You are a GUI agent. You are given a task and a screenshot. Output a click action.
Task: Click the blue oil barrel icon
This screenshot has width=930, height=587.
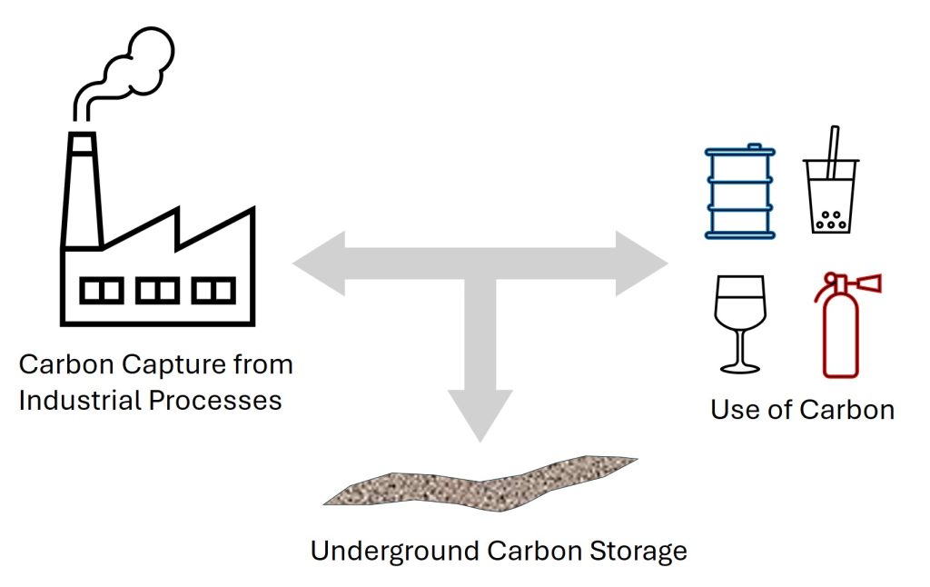[740, 192]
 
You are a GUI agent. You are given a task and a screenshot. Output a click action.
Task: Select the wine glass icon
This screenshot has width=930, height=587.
[740, 322]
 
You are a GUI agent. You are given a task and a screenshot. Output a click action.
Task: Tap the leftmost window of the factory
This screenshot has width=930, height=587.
[101, 291]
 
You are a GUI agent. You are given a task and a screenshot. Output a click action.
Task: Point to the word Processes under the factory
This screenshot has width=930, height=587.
[217, 400]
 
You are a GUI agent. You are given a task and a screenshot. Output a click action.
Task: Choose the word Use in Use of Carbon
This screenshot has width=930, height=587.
[732, 409]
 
